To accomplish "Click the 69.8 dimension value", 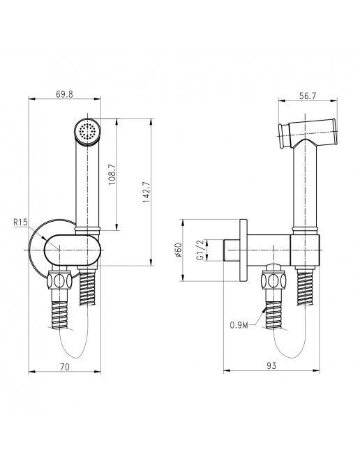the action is tap(64, 94).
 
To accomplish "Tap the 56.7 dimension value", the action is tap(308, 96).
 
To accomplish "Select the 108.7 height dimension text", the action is tap(112, 174).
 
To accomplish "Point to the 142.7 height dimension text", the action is tap(147, 193).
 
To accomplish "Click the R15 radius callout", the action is tap(20, 222).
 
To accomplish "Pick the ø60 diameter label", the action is tap(178, 250).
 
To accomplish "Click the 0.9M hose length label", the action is tap(239, 325).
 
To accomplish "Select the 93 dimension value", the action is tap(271, 365).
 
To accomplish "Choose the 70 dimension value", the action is tap(65, 367).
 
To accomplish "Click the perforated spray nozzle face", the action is tap(87, 131).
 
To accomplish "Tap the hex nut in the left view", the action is tap(59, 280).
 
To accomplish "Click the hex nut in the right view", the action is tap(273, 280).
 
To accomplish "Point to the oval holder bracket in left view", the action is tap(71, 250).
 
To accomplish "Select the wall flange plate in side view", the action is tap(243, 250).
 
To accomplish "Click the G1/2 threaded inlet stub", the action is tap(232, 250).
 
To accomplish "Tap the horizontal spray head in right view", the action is tap(308, 133).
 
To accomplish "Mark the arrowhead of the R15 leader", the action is tap(44, 239).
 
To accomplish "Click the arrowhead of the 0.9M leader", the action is tap(264, 310).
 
